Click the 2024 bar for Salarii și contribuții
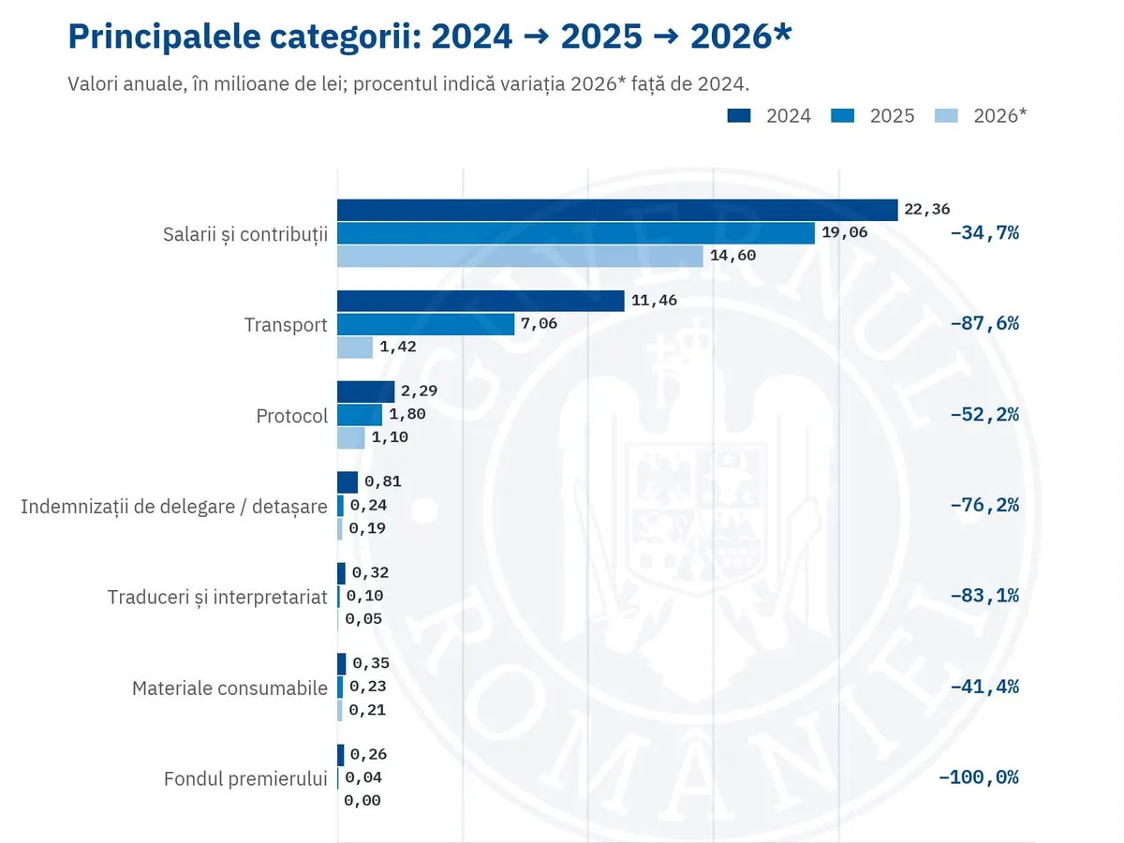617,210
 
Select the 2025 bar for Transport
425,324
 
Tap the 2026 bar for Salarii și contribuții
520,256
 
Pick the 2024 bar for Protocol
365,392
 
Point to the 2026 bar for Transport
355,348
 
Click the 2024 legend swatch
739,115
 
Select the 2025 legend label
892,115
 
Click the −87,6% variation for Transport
984,323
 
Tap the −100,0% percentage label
978,777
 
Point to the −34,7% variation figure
984,233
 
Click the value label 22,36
927,209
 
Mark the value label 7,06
539,323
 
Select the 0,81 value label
382,481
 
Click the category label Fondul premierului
245,779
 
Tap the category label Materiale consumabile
229,688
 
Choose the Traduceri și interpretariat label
217,598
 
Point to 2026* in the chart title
741,36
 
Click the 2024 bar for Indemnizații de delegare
348,482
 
